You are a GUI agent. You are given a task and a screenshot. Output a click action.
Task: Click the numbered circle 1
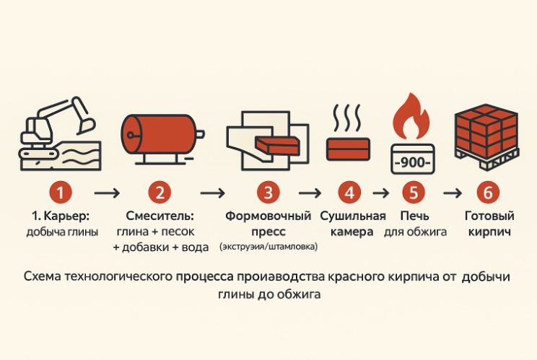[x=61, y=193]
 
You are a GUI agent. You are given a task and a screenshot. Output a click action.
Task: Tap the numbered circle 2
[x=160, y=193]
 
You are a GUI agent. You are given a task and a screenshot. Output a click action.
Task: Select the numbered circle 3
[x=268, y=193]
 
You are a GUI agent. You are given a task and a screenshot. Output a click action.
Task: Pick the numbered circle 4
[x=349, y=193]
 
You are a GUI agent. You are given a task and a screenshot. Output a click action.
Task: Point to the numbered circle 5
[x=413, y=193]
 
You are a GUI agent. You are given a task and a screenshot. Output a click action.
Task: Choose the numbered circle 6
[x=488, y=193]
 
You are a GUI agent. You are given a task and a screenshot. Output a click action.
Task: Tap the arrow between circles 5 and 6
[x=453, y=193]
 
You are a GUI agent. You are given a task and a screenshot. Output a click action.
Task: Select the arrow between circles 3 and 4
[x=310, y=193]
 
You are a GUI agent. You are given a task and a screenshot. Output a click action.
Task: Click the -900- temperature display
[x=412, y=160]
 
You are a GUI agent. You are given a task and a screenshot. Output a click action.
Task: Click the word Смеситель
[x=160, y=216]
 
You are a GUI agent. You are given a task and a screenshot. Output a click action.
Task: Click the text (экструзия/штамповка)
[x=268, y=247]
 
